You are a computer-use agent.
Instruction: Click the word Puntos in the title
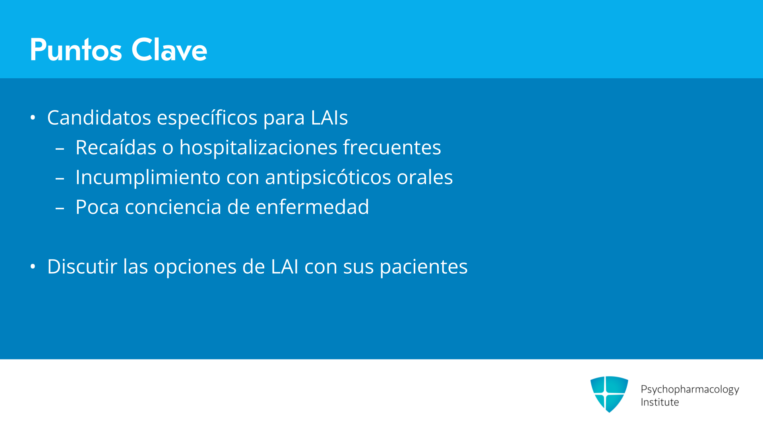coord(76,50)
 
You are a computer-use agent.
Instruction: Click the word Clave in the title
coord(169,50)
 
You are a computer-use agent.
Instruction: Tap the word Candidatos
coord(99,118)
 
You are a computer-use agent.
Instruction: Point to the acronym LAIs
coord(329,118)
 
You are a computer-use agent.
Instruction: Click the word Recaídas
coord(116,147)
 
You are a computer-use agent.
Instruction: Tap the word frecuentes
coord(392,147)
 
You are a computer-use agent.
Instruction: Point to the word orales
coord(425,177)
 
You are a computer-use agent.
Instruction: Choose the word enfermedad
coord(312,207)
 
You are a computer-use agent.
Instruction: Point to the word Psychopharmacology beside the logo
coord(690,389)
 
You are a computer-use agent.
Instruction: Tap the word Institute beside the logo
coord(660,402)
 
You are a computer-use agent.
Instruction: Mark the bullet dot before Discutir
coord(33,267)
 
